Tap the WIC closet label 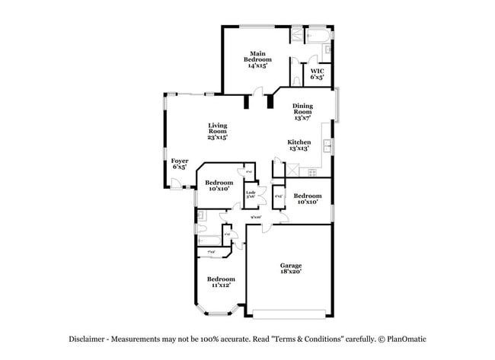coord(317,74)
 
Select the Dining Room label coord(302,111)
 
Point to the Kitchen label coord(298,145)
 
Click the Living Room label coord(217,131)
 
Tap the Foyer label coord(179,164)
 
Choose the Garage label coord(290,268)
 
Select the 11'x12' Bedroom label coord(221,282)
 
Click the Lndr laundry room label coord(250,195)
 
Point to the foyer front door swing coord(176,183)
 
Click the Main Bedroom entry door coord(258,92)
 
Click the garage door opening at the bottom coord(292,313)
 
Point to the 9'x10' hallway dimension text coord(256,218)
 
